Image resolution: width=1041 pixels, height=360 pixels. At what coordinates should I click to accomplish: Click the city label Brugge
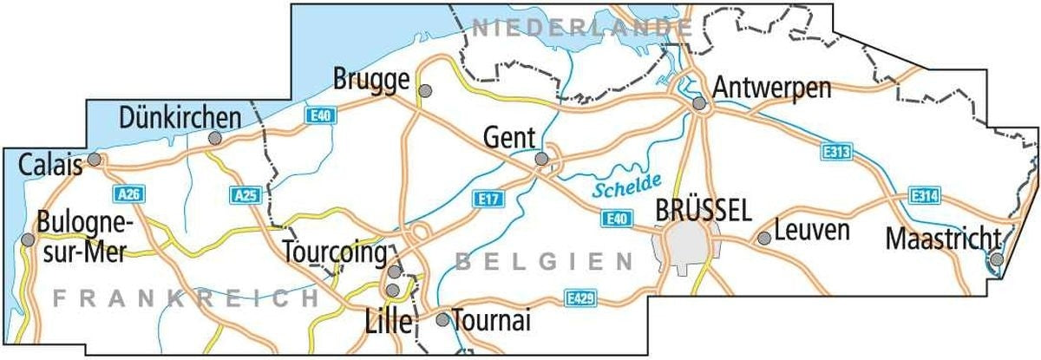click(x=370, y=81)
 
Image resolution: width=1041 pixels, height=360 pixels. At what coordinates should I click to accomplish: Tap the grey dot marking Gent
click(x=541, y=159)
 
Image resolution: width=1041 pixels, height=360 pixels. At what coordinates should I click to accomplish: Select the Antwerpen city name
click(x=772, y=88)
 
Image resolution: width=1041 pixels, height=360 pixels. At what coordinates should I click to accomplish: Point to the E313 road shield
click(x=835, y=153)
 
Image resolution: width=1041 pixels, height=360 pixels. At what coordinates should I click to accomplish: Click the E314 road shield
click(x=925, y=195)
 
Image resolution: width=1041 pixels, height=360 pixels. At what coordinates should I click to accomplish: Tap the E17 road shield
click(x=491, y=199)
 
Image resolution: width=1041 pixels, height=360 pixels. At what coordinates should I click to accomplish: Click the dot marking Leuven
click(x=764, y=238)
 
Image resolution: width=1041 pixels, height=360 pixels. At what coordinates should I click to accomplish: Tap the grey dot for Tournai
click(x=442, y=319)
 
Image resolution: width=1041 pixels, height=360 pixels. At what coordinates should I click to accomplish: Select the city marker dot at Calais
click(x=95, y=160)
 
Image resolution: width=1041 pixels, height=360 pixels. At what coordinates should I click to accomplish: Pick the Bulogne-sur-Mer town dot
click(x=28, y=239)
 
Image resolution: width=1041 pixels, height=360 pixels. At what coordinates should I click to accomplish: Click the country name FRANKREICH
click(x=185, y=298)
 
